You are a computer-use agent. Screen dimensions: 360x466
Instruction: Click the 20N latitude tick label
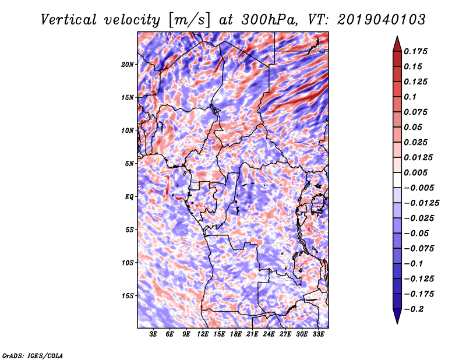tap(128, 64)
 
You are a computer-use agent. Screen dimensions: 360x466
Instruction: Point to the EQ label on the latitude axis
tap(129, 197)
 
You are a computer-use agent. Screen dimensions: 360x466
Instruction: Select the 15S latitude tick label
tap(128, 296)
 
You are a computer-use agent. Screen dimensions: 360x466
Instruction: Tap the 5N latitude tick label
tap(129, 164)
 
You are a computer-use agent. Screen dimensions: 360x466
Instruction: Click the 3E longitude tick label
tap(153, 334)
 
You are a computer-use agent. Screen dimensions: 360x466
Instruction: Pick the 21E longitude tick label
tap(252, 334)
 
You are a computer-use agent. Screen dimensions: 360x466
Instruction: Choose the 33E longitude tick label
tap(318, 334)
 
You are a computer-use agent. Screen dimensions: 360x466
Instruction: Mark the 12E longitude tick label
tap(203, 334)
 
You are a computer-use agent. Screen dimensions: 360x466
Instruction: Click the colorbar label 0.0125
tap(419, 157)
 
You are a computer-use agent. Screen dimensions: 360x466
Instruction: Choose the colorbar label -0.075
tap(419, 248)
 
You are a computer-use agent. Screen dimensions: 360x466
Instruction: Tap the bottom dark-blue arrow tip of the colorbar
tap(397, 322)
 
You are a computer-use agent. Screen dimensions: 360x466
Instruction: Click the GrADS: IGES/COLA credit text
tap(32, 355)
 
